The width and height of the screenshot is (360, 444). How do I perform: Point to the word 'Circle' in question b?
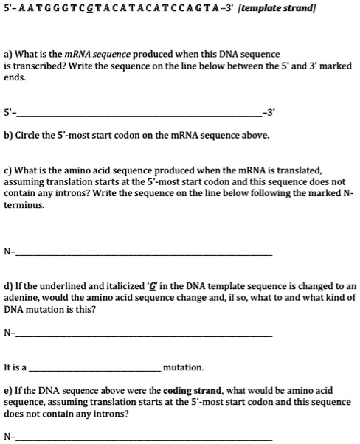30,136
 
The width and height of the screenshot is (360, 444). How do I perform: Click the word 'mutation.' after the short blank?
183,367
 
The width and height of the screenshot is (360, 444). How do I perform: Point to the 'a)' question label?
9,54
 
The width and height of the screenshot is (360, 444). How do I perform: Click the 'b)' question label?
9,136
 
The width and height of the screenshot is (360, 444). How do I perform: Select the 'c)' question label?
9,169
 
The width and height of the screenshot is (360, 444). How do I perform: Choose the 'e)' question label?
9,390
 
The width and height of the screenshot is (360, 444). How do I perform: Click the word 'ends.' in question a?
15,77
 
